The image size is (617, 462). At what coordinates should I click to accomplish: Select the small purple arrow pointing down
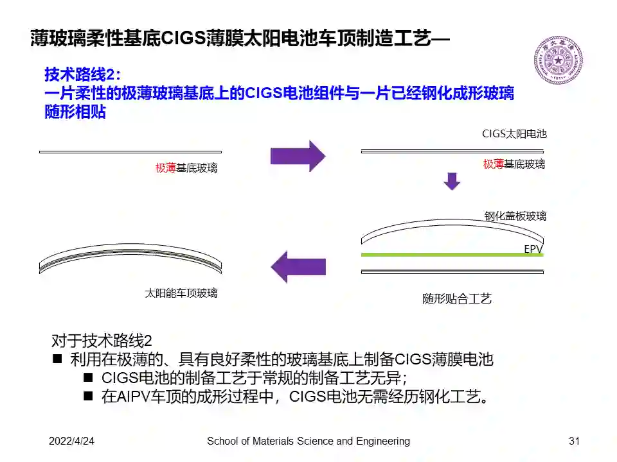[452, 181]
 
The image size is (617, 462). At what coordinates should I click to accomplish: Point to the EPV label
[533, 247]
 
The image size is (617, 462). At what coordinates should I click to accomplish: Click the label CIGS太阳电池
[514, 134]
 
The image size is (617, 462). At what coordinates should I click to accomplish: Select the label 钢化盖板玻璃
[515, 216]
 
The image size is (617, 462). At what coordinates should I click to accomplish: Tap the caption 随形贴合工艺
[456, 298]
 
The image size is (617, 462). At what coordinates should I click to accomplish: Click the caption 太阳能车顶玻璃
[181, 293]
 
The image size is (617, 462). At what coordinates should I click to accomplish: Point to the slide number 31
[575, 441]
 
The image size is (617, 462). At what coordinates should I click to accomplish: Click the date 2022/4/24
[72, 441]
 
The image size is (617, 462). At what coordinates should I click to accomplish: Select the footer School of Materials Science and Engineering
[308, 441]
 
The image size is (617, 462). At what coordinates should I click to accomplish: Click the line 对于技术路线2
[101, 340]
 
